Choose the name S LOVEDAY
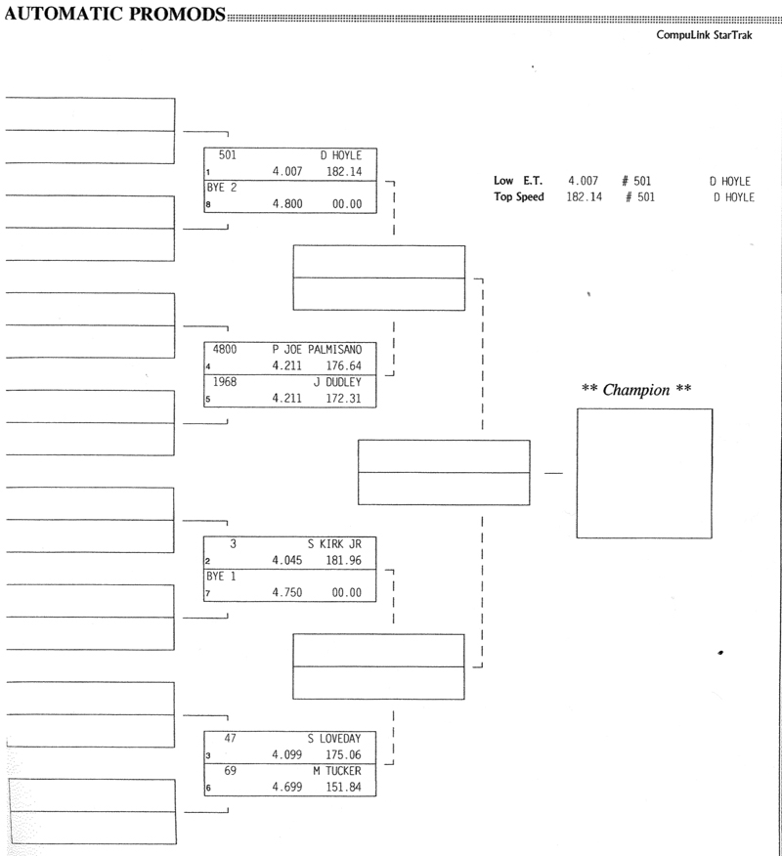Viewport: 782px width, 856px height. pyautogui.click(x=334, y=739)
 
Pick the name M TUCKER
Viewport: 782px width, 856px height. pyautogui.click(x=337, y=772)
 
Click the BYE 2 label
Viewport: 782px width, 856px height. pyautogui.click(x=222, y=187)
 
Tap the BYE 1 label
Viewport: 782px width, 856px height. pyautogui.click(x=222, y=577)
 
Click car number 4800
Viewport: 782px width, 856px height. pyautogui.click(x=227, y=349)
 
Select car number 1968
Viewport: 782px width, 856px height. pyautogui.click(x=227, y=382)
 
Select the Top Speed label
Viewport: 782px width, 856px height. pyautogui.click(x=519, y=197)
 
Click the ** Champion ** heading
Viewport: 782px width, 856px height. pyautogui.click(x=636, y=390)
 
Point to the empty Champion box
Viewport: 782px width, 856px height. pyautogui.click(x=644, y=473)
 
